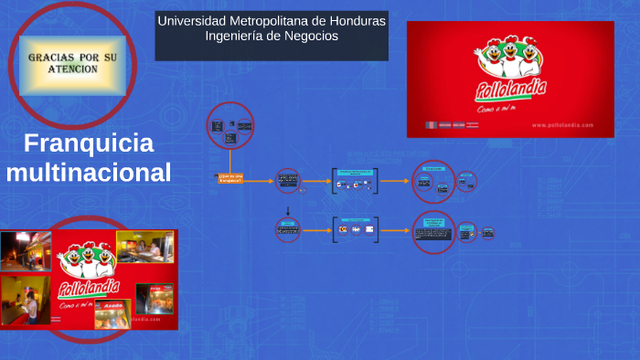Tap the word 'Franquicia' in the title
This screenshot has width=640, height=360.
pyautogui.click(x=89, y=143)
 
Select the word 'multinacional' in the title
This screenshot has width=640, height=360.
pyautogui.click(x=89, y=171)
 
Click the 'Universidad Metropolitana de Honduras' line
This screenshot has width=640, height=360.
pyautogui.click(x=272, y=21)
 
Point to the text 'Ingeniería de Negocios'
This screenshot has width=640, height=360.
pyautogui.click(x=272, y=37)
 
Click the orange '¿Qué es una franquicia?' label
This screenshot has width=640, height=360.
pyautogui.click(x=230, y=179)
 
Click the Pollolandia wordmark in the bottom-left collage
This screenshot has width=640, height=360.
pyautogui.click(x=89, y=290)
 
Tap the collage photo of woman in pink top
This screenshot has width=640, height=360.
pyautogui.click(x=26, y=300)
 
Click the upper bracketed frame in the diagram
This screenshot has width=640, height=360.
pyautogui.click(x=355, y=181)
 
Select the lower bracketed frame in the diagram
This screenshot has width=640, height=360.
pyautogui.click(x=355, y=228)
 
